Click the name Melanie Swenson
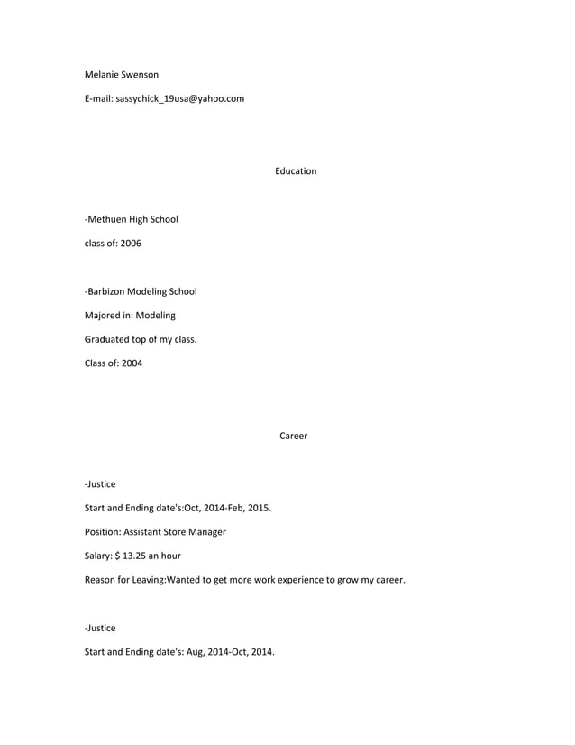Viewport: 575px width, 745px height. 121,74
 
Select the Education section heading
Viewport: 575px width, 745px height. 296,170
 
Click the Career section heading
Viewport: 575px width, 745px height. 293,436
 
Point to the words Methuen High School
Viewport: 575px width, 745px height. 132,218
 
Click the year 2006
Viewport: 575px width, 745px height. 131,243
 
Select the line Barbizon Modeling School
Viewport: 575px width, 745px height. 141,291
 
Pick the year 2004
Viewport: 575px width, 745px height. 131,363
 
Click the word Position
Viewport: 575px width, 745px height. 103,531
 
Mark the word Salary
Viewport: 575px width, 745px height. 98,556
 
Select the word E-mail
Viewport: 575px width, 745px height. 98,98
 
